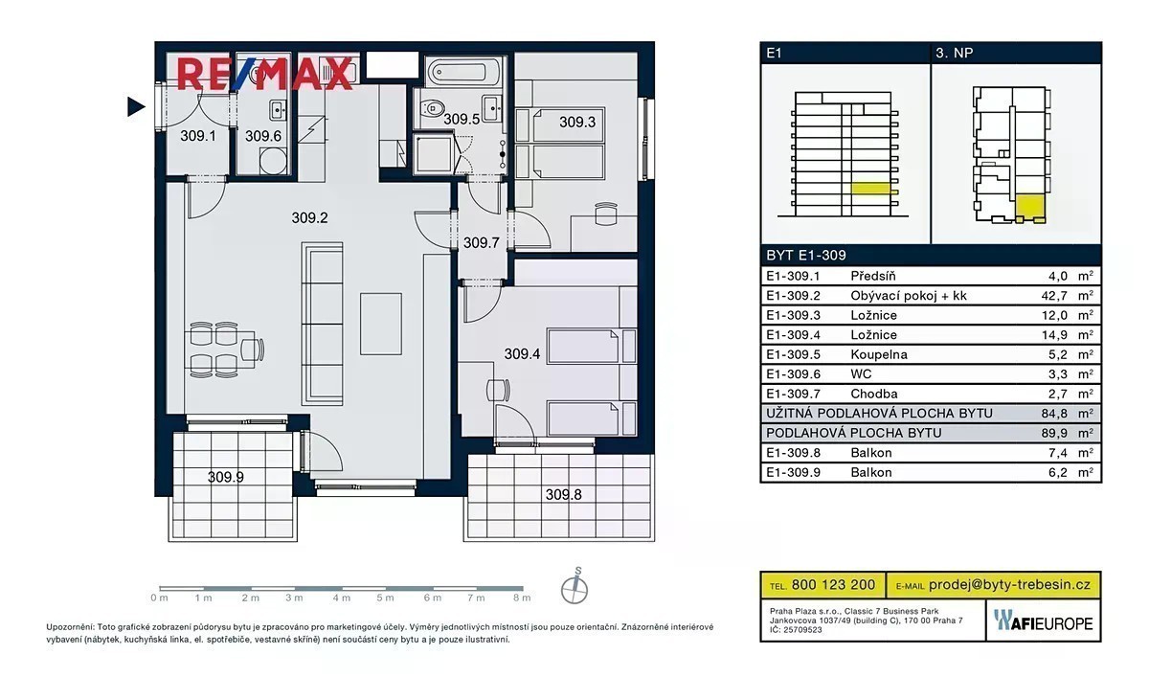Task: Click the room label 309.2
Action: coord(309,218)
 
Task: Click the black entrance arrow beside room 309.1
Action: coord(136,106)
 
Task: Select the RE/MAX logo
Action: coord(265,74)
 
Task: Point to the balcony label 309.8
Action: coord(563,495)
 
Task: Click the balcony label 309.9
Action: coord(226,478)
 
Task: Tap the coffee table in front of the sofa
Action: coord(381,325)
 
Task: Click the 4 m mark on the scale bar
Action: coord(341,598)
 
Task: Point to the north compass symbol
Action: coord(574,586)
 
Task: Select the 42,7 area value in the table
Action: coord(1054,296)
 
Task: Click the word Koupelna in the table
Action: coord(879,355)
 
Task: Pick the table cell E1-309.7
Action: coord(793,394)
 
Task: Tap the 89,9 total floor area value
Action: coord(1054,434)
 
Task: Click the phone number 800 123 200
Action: coord(834,585)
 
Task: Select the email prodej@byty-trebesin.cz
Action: coord(1009,585)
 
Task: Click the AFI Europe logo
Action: coord(1044,621)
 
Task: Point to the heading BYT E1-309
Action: coord(806,256)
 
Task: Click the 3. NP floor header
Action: coord(954,53)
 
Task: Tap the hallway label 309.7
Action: coord(481,242)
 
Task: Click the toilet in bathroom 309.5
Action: coord(433,108)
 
